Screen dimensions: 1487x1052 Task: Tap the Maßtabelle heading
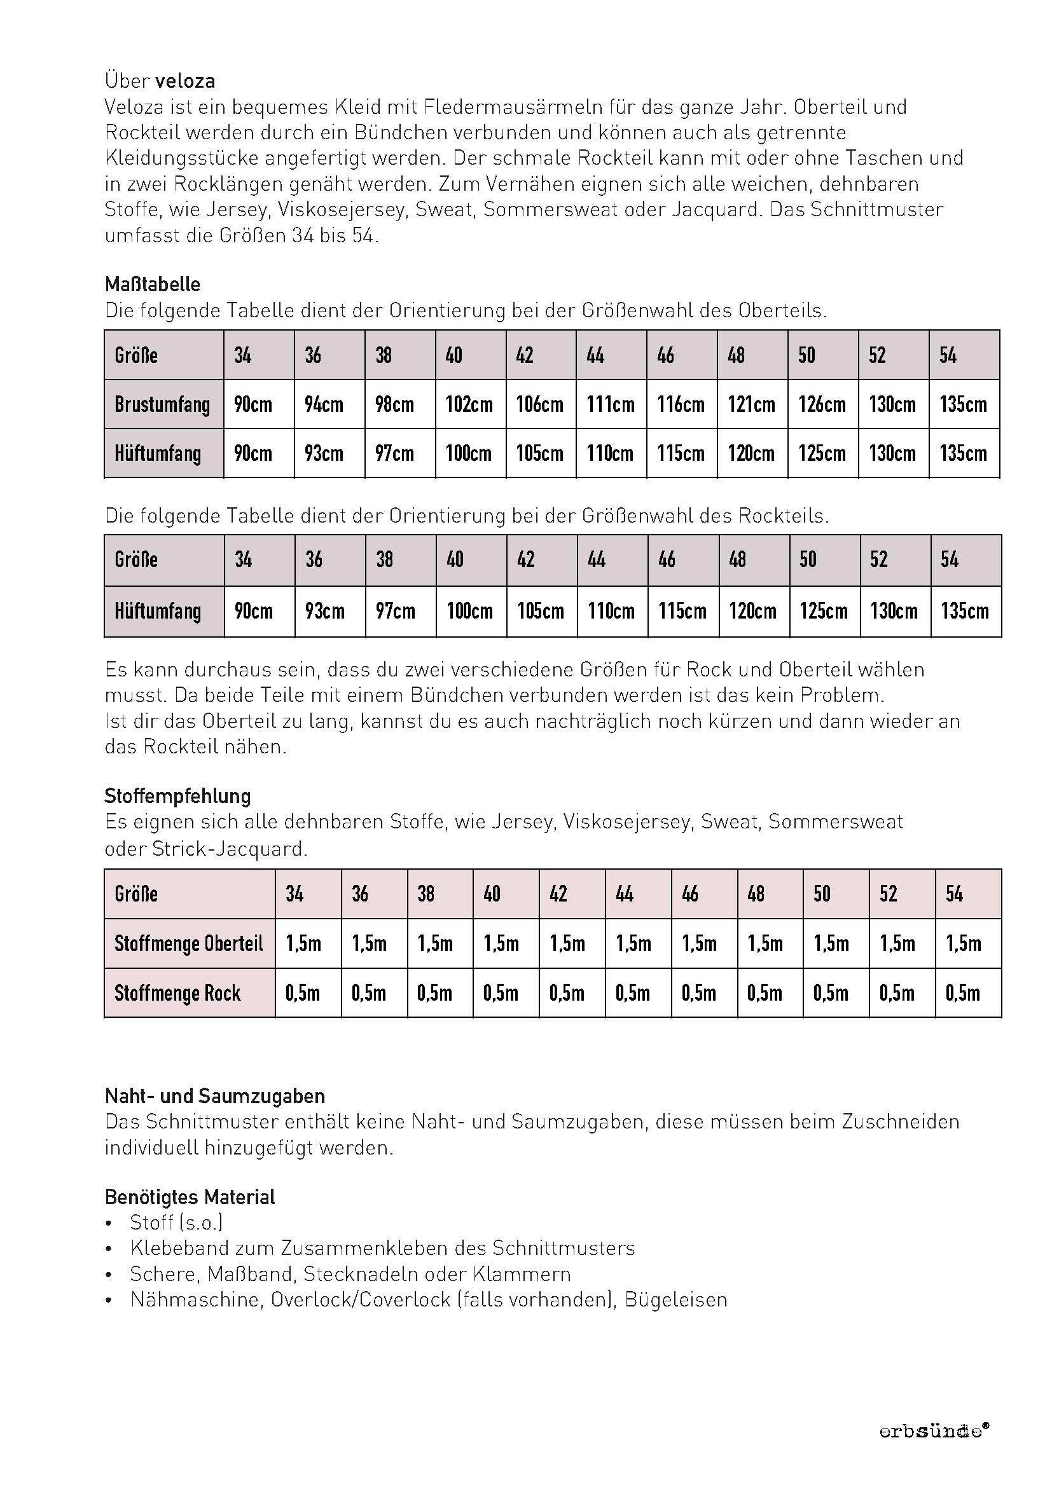tap(152, 284)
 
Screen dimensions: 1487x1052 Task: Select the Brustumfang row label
tap(162, 405)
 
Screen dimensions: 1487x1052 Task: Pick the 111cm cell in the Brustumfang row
tap(610, 405)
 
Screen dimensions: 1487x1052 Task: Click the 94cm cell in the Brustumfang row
tap(323, 405)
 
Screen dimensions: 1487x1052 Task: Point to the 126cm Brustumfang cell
tap(821, 405)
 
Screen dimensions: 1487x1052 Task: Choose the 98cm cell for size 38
tap(394, 405)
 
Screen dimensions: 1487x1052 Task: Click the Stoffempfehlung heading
tap(177, 795)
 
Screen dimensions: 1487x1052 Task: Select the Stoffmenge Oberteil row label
tap(188, 943)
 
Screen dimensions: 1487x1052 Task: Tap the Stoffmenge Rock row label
tap(177, 993)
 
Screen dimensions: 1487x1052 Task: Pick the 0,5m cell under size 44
tap(632, 993)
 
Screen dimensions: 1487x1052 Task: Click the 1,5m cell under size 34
tap(303, 943)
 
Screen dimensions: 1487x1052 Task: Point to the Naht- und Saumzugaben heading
tap(215, 1096)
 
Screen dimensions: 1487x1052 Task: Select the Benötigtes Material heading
tap(190, 1197)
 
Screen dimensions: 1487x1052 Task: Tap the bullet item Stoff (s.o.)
tap(176, 1223)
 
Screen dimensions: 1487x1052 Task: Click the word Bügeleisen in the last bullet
tap(675, 1300)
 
